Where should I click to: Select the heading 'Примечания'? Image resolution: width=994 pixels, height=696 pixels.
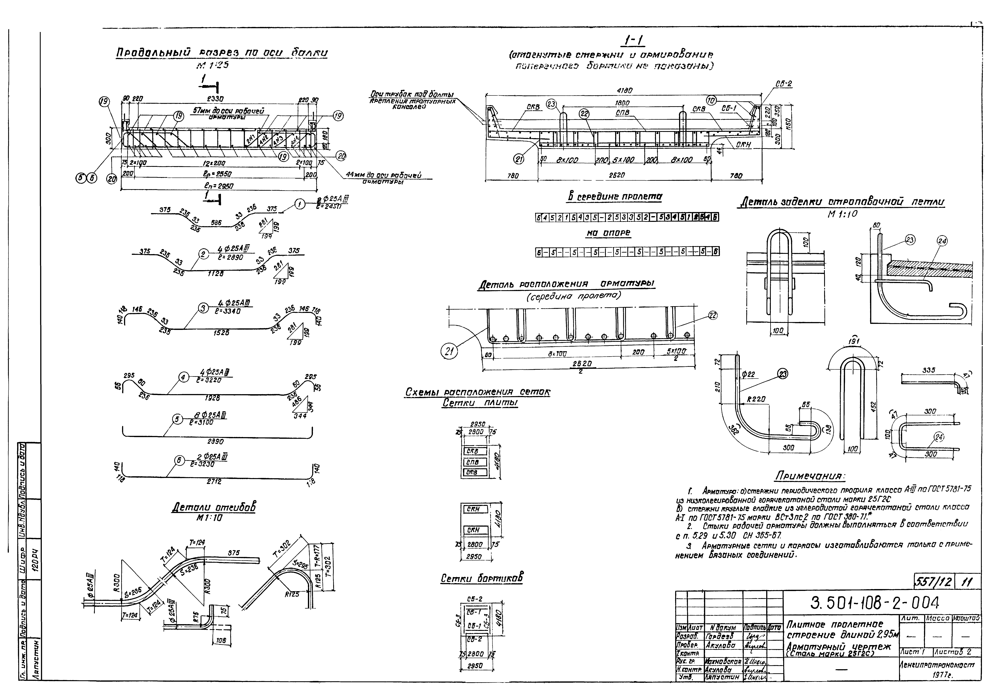[x=810, y=476]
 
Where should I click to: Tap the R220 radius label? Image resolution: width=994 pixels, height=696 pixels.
[x=755, y=399]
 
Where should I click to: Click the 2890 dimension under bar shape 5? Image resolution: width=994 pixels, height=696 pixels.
[x=215, y=442]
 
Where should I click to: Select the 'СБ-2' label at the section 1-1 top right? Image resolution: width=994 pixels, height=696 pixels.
[x=784, y=84]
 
